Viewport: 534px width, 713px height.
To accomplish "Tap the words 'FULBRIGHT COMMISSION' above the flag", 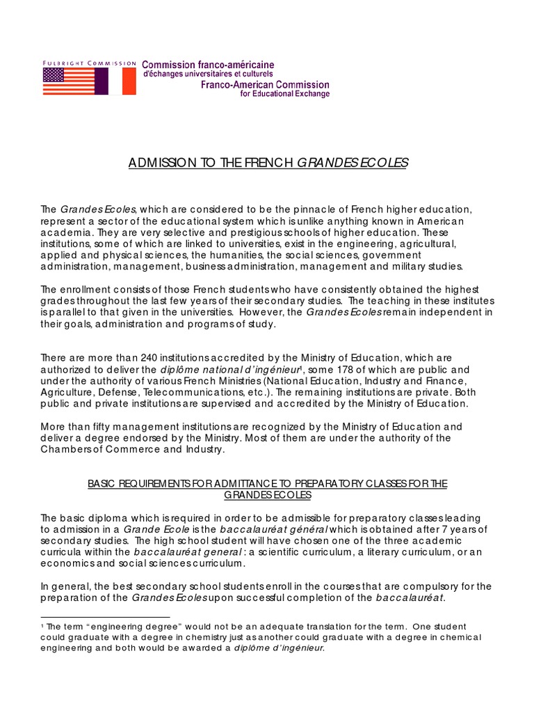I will point(89,63).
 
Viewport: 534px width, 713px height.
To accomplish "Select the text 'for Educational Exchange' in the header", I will point(284,94).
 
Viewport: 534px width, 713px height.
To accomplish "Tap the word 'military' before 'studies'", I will point(414,265).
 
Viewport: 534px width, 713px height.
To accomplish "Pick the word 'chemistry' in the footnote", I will point(158,637).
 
